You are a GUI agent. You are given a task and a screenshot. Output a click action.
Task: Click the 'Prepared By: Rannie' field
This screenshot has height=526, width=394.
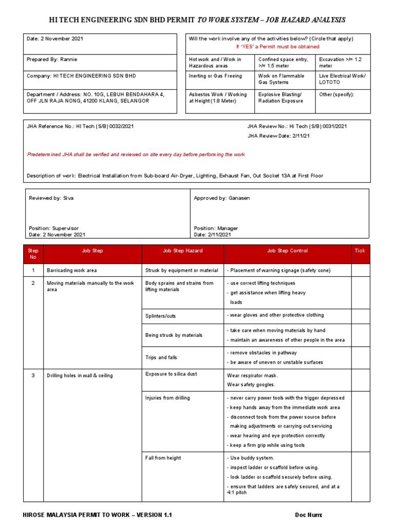tap(52, 60)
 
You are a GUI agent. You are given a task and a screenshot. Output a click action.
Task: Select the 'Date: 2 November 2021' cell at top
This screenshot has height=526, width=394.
tap(55, 39)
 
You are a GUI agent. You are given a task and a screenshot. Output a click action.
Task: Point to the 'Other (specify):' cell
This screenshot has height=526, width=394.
tap(337, 95)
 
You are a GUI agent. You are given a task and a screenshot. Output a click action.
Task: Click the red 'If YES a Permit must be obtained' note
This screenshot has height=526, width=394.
tap(277, 46)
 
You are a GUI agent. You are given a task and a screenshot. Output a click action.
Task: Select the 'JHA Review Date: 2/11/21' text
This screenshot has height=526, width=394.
tap(278, 136)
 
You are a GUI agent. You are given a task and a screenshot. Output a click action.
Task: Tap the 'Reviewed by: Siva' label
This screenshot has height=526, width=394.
tap(51, 198)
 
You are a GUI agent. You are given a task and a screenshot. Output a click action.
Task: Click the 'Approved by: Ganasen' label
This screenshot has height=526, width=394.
tap(222, 198)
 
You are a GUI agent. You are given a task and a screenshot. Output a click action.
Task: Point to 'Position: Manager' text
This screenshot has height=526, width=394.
tap(215, 228)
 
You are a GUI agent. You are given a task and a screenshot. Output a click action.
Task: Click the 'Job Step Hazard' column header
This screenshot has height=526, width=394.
tap(183, 251)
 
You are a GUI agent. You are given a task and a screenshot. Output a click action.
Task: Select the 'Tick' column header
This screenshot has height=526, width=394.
tap(360, 251)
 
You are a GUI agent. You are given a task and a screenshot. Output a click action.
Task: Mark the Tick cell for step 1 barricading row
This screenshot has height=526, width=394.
tap(360, 270)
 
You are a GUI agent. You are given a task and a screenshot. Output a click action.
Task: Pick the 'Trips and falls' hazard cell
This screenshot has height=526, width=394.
tap(161, 358)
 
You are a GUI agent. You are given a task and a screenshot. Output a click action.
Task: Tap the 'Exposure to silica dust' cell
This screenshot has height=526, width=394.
tap(171, 373)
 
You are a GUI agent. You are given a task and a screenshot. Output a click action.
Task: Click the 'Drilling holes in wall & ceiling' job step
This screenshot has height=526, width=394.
tap(80, 375)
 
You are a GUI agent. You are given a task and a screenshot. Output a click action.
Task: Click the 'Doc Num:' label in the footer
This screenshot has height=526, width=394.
tap(308, 515)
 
